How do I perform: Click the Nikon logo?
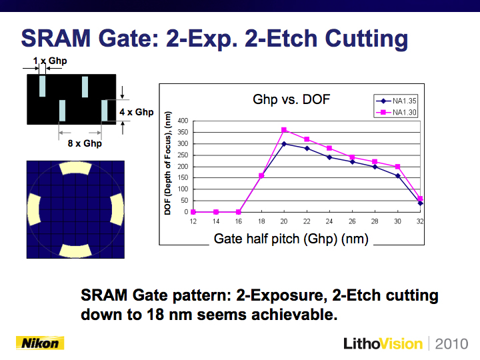(40, 343)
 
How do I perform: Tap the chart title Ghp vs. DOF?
(291, 99)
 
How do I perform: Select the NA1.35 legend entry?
(396, 101)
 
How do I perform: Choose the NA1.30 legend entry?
(396, 113)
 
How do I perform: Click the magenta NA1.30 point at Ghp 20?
(284, 130)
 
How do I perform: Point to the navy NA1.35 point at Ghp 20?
(284, 143)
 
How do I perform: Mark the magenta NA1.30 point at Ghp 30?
(397, 167)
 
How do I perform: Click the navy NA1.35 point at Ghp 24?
(329, 157)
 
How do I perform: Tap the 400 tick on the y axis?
(183, 121)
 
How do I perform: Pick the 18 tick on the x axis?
(261, 221)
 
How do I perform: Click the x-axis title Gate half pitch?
(291, 239)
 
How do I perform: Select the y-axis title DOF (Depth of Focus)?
(167, 163)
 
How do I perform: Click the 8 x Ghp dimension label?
(85, 143)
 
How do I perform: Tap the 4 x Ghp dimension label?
(137, 112)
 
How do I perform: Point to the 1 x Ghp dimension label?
(50, 61)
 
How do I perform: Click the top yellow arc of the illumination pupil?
(75, 168)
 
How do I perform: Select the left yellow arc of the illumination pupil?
(34, 209)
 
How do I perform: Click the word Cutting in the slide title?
(367, 39)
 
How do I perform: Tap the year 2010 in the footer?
(451, 344)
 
